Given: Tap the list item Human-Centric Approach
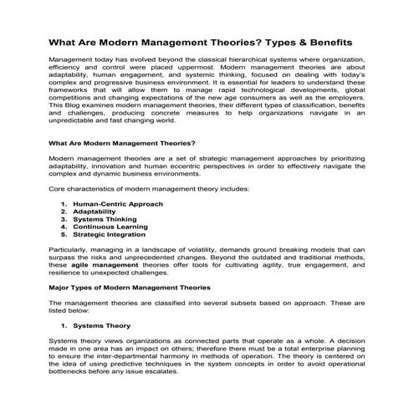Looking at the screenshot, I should click(117, 203).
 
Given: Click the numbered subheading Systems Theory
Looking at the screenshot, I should click(101, 325).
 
